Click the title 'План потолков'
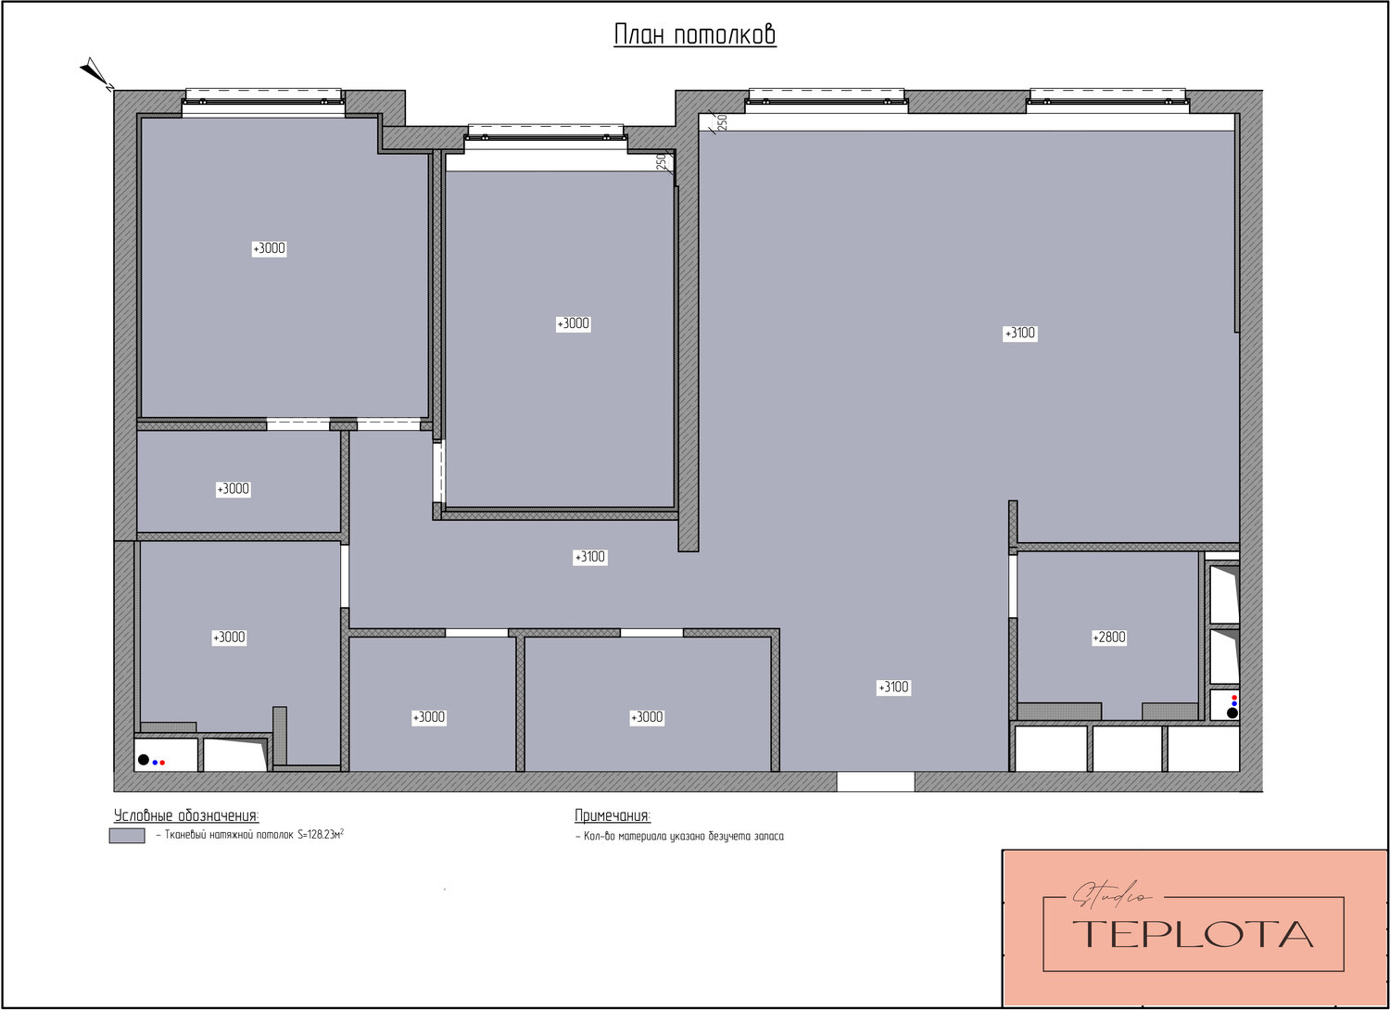pyautogui.click(x=695, y=34)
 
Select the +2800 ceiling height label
pyautogui.click(x=1109, y=638)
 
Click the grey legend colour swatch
pyautogui.click(x=127, y=836)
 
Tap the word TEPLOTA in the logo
pyautogui.click(x=1193, y=934)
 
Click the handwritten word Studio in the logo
pyautogui.click(x=1111, y=894)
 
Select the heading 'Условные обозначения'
pyautogui.click(x=186, y=815)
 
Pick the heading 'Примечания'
pyautogui.click(x=613, y=815)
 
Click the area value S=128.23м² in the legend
pyautogui.click(x=321, y=835)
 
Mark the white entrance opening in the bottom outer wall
pyautogui.click(x=875, y=782)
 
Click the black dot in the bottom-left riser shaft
pyautogui.click(x=144, y=760)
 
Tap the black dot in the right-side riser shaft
pyautogui.click(x=1232, y=713)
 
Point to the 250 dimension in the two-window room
pyautogui.click(x=722, y=123)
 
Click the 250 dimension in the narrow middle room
pyautogui.click(x=661, y=161)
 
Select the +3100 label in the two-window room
pyautogui.click(x=1020, y=334)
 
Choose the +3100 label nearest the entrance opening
pyautogui.click(x=893, y=687)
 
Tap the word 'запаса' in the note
pyautogui.click(x=768, y=837)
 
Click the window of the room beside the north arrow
pyautogui.click(x=264, y=102)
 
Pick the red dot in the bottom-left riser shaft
pyautogui.click(x=162, y=763)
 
